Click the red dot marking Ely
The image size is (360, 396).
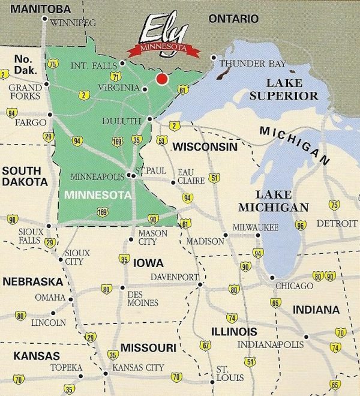[x=161, y=79]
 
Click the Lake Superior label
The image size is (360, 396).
[x=284, y=89]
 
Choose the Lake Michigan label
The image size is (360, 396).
[x=273, y=201]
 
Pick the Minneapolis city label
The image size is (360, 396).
[x=98, y=177]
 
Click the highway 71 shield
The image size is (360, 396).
[x=115, y=77]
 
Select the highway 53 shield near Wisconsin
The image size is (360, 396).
[x=161, y=140]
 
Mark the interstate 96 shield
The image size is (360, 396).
[x=301, y=225]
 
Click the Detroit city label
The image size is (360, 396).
[x=337, y=223]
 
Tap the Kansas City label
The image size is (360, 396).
[x=138, y=367]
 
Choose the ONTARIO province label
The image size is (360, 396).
[x=233, y=19]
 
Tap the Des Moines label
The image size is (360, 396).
[x=143, y=299]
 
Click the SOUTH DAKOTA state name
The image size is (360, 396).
[x=25, y=176]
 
